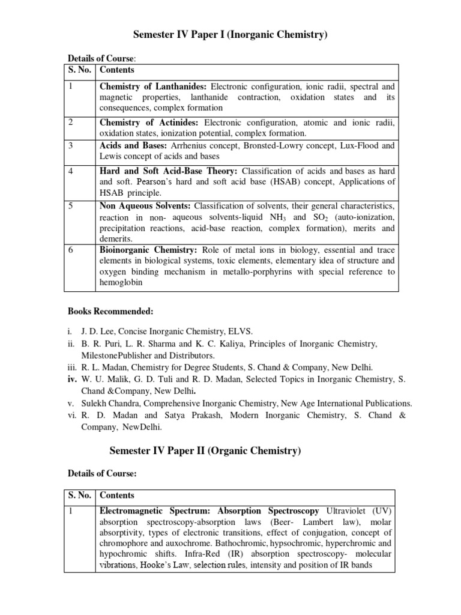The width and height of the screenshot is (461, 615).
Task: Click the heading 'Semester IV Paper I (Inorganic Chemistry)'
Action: pyautogui.click(x=230, y=35)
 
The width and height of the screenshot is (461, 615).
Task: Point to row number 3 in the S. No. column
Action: pyautogui.click(x=71, y=145)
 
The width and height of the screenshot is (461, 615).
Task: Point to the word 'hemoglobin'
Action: pyautogui.click(x=121, y=282)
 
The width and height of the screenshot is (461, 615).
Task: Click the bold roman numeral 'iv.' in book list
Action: pyautogui.click(x=72, y=379)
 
